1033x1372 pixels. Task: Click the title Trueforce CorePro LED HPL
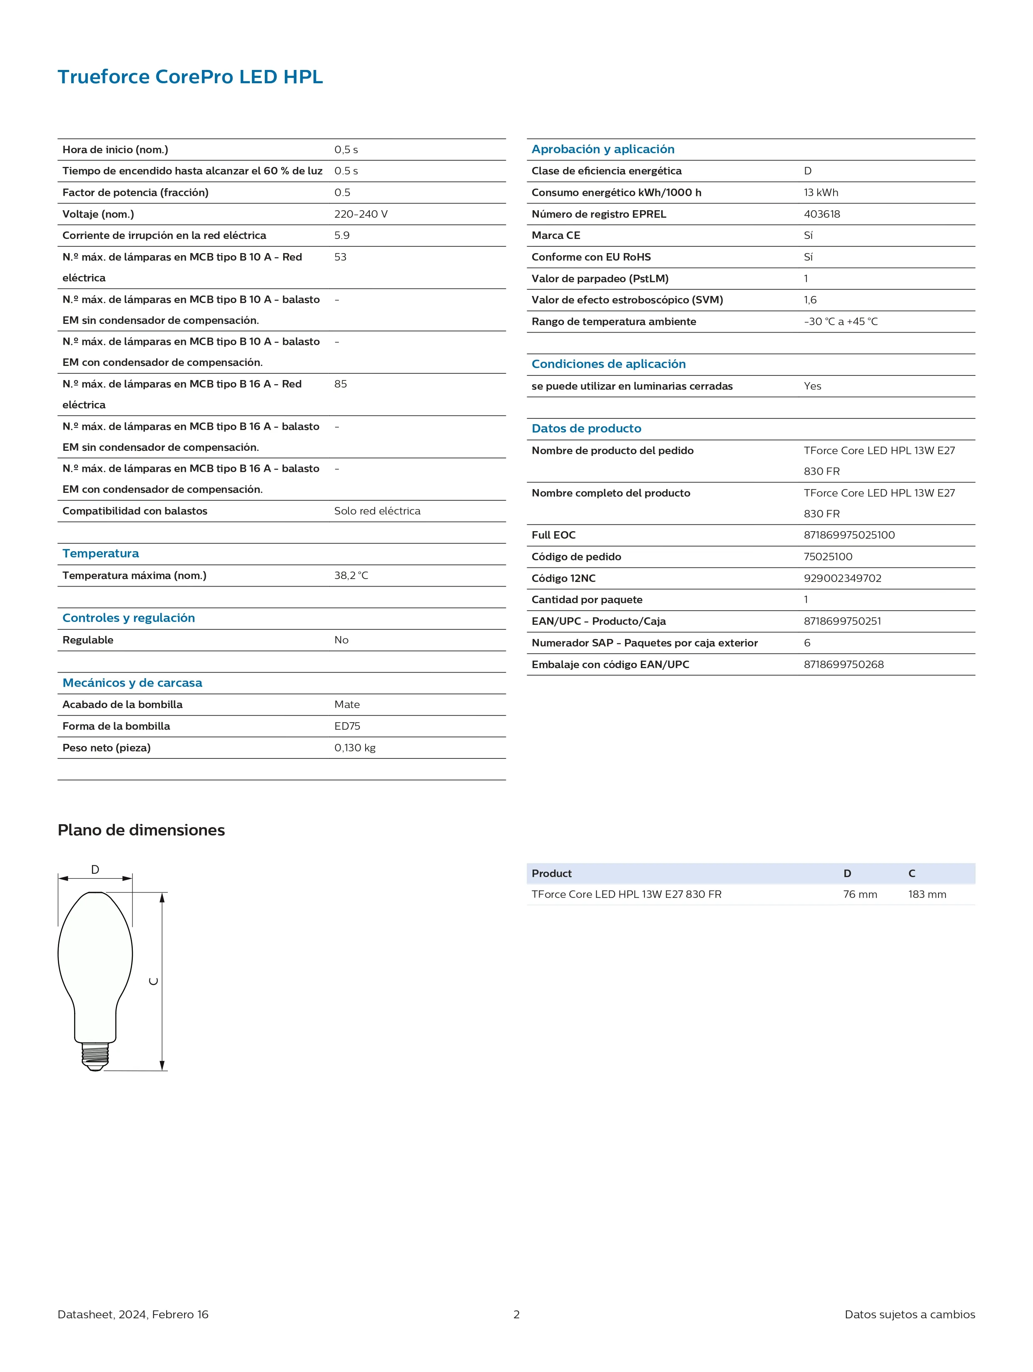190,77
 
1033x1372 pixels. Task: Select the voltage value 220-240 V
361,214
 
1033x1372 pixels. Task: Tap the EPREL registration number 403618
821,214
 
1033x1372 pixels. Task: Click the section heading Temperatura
100,553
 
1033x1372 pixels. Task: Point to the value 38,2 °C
351,576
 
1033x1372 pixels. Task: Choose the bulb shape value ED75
347,726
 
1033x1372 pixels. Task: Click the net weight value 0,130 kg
355,748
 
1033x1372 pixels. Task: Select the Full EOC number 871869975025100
849,534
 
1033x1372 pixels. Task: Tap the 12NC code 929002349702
842,578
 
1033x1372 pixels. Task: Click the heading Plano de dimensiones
141,830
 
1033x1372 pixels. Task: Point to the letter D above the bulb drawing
95,870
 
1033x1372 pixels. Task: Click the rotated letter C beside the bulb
154,981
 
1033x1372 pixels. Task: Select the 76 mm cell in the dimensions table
860,894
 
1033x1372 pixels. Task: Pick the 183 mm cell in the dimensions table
927,894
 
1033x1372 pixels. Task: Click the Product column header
552,873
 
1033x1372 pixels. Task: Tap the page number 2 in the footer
516,1314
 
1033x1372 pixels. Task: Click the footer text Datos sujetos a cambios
909,1314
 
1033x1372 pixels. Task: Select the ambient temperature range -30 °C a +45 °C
841,321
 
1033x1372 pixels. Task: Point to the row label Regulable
88,640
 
